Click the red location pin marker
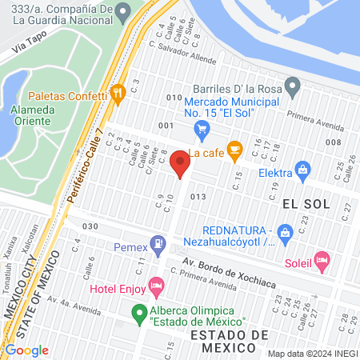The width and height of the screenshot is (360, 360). click(181, 166)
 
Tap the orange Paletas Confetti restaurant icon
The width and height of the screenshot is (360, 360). click(118, 95)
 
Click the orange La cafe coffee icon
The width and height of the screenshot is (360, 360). click(234, 149)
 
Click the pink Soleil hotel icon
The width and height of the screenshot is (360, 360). click(322, 259)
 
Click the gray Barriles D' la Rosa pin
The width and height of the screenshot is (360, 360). click(293, 85)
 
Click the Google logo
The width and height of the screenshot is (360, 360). click(26, 350)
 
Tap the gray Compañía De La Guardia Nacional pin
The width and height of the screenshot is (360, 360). click(122, 11)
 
